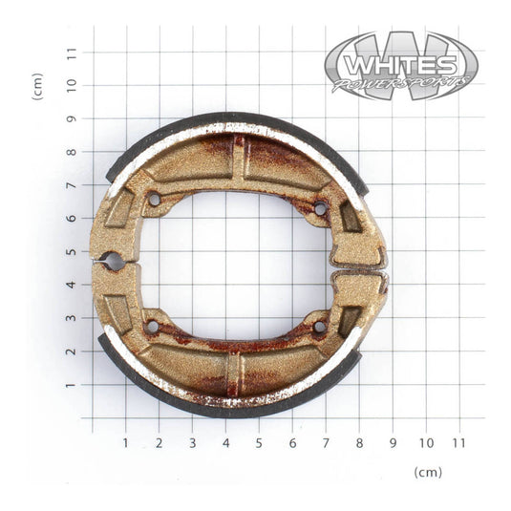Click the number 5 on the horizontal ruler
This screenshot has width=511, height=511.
pos(259,443)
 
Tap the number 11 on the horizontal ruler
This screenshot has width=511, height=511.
pos(458,443)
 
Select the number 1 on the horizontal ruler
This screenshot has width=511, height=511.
pos(125,443)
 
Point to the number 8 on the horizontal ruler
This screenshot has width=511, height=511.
pos(359,443)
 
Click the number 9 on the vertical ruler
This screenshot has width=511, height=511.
pos(71,118)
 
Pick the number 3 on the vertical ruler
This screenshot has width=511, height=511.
pos(71,318)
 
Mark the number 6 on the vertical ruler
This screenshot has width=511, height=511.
pos(71,219)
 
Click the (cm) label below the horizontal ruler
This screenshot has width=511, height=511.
pos(428,473)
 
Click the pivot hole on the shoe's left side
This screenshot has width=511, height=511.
pos(113,260)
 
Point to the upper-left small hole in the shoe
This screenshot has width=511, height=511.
pos(153,200)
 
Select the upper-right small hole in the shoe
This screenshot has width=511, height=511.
pos(320,208)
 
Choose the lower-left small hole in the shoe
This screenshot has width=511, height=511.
pos(152,327)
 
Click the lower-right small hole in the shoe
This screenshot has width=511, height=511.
pos(319,327)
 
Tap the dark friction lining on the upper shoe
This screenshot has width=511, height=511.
pos(239,118)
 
